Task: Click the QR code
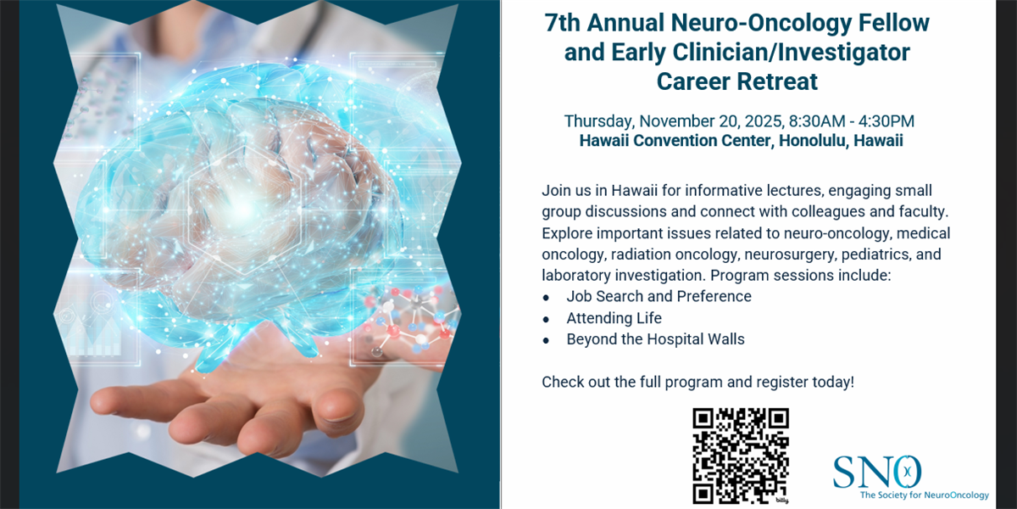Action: (x=741, y=456)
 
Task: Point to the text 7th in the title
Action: (x=564, y=23)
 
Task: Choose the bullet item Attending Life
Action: (x=614, y=318)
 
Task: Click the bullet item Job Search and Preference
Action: (x=659, y=296)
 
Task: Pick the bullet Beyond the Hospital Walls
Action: (x=655, y=339)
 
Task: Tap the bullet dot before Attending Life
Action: (x=547, y=319)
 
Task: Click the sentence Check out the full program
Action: (x=697, y=382)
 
